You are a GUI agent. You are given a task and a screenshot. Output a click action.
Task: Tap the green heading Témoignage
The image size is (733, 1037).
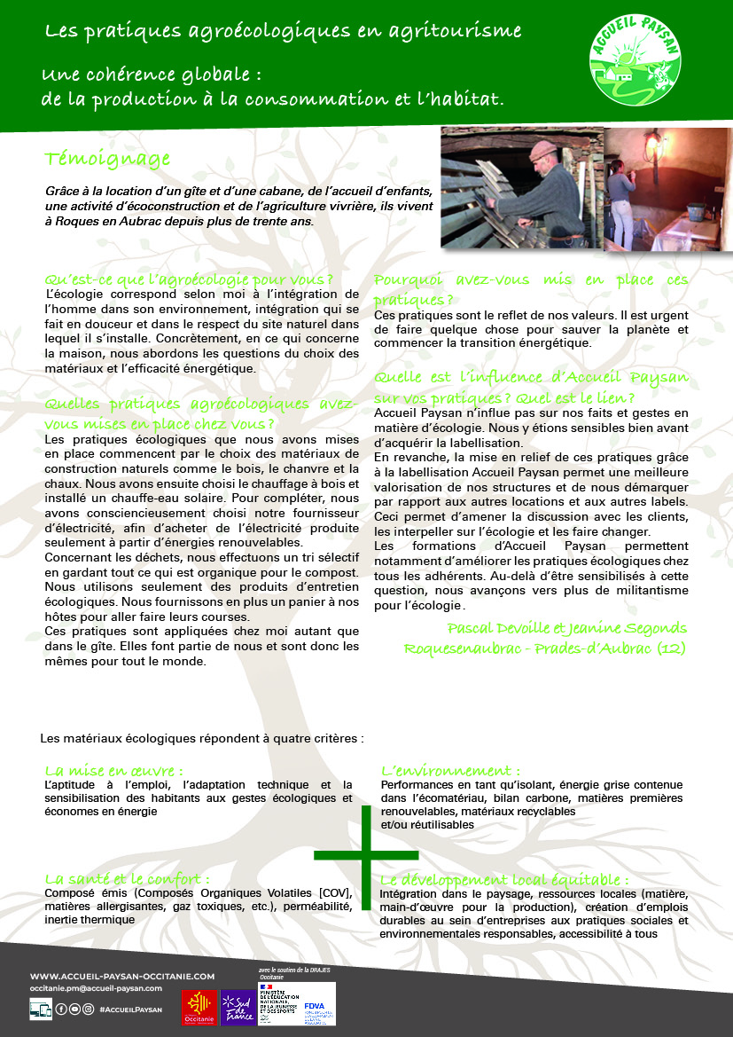(x=107, y=159)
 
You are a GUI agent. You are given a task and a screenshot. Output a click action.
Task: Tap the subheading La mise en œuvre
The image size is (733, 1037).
(x=113, y=770)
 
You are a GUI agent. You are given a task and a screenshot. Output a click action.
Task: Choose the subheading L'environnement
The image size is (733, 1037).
(x=450, y=770)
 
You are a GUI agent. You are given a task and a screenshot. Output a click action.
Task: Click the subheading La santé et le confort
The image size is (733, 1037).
(x=128, y=878)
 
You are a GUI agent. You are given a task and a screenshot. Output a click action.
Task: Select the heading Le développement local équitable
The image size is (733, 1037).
(x=503, y=880)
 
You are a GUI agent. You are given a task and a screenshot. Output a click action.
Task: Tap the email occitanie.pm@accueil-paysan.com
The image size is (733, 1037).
(x=96, y=987)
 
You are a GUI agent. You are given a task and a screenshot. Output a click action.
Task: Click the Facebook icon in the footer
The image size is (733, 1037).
(x=61, y=1009)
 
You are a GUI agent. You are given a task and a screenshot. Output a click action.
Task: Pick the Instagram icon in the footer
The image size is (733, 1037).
(x=88, y=1009)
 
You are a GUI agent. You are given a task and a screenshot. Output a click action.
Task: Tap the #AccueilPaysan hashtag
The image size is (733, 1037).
(x=130, y=1009)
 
